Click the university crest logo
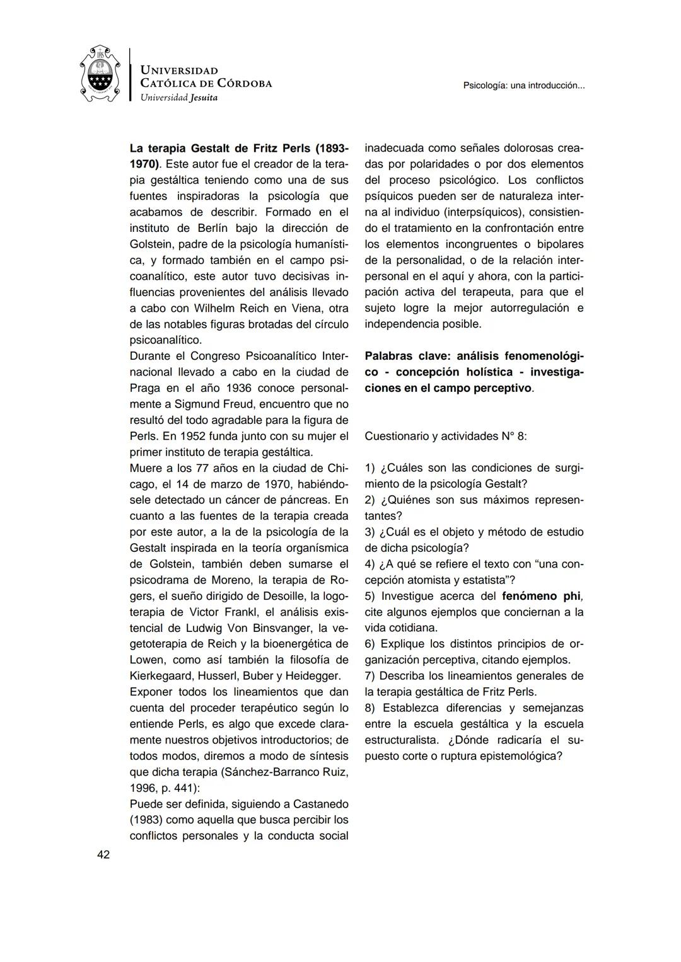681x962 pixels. click(x=100, y=76)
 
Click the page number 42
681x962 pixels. click(x=103, y=855)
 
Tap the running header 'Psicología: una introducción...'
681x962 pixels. click(x=523, y=85)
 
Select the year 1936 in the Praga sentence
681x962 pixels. click(x=238, y=388)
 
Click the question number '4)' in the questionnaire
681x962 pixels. click(x=370, y=564)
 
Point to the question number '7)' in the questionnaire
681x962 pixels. click(x=370, y=676)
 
